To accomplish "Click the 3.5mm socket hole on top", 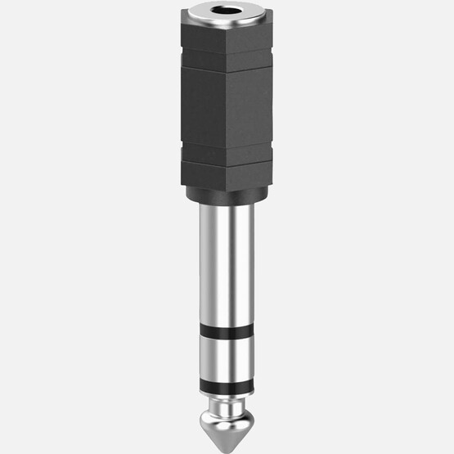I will [x=227, y=11].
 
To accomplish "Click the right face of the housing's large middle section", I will [x=249, y=106].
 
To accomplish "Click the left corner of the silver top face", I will [x=183, y=14].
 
